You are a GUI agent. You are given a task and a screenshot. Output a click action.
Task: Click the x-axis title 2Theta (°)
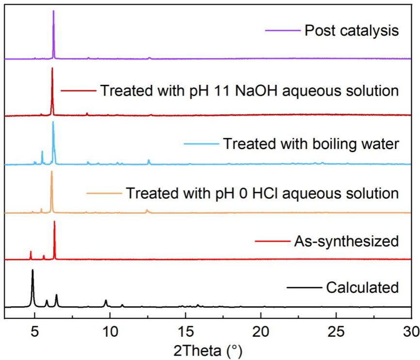(x=207, y=348)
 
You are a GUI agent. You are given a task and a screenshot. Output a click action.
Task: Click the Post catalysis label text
(x=351, y=31)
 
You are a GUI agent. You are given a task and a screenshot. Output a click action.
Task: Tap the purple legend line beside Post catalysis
(x=282, y=31)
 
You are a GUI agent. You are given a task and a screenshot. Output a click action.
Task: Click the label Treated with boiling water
(x=310, y=144)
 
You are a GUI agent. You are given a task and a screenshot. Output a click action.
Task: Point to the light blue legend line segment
(x=200, y=144)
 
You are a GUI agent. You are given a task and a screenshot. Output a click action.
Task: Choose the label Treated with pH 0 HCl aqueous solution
(x=262, y=194)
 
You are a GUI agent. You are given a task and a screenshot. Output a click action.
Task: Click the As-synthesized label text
(x=346, y=241)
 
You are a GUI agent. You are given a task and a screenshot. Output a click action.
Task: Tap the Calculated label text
(x=362, y=287)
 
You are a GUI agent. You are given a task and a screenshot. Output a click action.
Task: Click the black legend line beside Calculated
(x=304, y=287)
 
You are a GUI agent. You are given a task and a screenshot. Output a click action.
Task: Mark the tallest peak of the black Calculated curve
(x=32, y=270)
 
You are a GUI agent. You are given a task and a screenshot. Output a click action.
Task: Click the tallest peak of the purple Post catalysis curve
(x=53, y=11)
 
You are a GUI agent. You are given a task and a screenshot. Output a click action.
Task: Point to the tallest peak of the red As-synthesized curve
(x=54, y=222)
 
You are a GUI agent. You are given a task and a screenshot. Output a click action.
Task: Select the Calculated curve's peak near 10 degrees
(x=105, y=301)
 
